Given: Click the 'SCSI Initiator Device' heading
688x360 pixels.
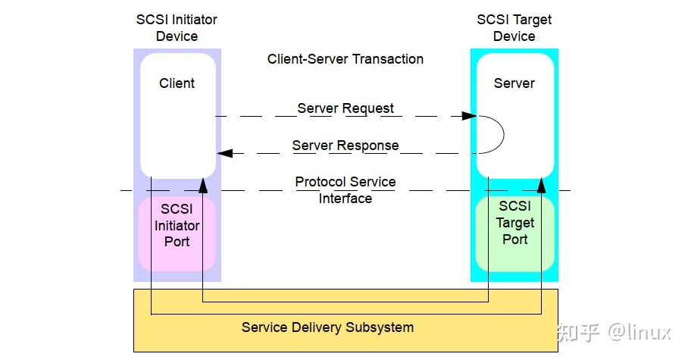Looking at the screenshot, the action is [x=177, y=27].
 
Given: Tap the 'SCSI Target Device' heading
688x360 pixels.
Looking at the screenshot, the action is [x=514, y=27].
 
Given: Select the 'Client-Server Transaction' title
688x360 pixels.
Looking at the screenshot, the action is [x=346, y=59].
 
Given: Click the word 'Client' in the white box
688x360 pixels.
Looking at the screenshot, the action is [x=177, y=83].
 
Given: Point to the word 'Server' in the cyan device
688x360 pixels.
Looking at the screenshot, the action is [x=514, y=83].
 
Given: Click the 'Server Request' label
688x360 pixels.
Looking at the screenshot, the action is [x=346, y=108].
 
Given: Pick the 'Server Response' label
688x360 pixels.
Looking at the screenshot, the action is [x=346, y=146].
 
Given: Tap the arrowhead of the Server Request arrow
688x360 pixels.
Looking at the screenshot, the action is [x=469, y=116].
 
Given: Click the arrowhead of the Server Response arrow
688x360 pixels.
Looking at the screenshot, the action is [x=224, y=153].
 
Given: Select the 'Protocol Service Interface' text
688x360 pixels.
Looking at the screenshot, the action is [x=346, y=190].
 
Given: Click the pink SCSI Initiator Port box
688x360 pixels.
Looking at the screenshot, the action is [x=177, y=233].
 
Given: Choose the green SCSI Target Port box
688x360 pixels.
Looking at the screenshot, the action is [x=514, y=233].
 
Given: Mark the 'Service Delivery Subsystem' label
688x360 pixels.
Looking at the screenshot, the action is [x=327, y=327].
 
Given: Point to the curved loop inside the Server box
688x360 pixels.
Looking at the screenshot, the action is [x=504, y=135].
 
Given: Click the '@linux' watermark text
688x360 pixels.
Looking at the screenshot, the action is [x=640, y=333].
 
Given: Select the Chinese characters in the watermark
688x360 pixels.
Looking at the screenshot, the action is [x=578, y=333].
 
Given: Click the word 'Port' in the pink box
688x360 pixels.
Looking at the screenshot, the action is [x=177, y=242].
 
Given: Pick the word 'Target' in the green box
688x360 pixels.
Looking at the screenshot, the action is [x=515, y=223].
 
